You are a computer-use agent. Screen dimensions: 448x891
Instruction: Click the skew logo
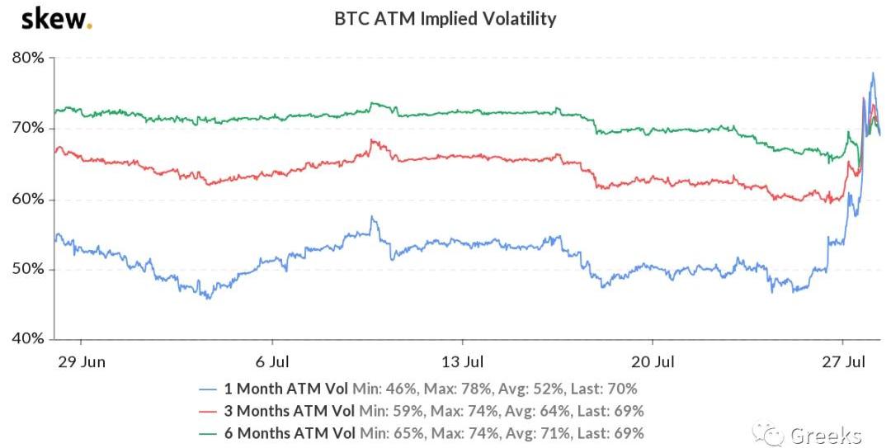[x=56, y=18]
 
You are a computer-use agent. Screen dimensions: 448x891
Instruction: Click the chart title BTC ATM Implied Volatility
[x=445, y=18]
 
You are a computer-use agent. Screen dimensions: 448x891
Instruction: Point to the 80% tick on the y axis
[x=28, y=59]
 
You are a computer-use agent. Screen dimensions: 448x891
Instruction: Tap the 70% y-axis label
[x=28, y=129]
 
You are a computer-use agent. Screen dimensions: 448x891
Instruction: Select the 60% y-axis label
[x=28, y=200]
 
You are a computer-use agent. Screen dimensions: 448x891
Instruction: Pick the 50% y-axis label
[x=28, y=270]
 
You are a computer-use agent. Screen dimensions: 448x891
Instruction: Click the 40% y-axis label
[x=28, y=339]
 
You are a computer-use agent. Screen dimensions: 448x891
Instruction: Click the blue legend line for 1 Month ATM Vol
[x=210, y=389]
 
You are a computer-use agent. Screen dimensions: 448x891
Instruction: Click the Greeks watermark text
[x=826, y=436]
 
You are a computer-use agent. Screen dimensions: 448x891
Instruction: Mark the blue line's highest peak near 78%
[x=873, y=73]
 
